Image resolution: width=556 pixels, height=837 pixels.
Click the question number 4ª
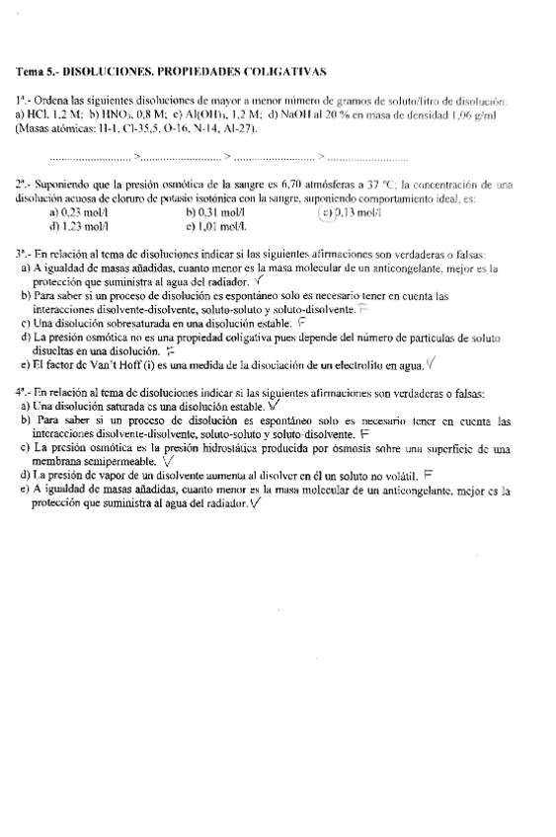(x=22, y=392)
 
